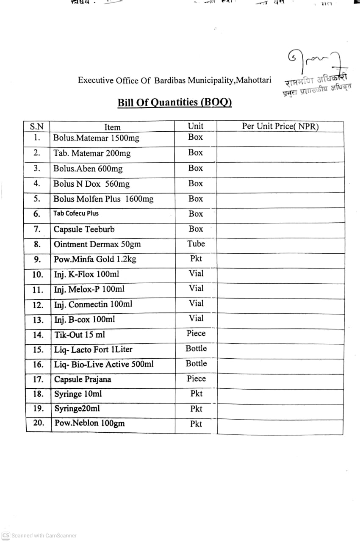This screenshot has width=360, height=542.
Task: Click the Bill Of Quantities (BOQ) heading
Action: click(174, 102)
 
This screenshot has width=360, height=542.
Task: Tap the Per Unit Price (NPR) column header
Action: click(280, 126)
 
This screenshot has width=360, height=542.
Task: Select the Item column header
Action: click(112, 127)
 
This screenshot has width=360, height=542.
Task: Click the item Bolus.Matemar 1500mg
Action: click(96, 138)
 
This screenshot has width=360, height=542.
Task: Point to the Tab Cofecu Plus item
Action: click(76, 213)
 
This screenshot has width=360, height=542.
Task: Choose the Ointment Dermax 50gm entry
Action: click(97, 244)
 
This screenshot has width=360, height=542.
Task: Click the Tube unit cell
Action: click(196, 244)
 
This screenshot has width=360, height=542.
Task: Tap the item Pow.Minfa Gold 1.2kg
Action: click(95, 259)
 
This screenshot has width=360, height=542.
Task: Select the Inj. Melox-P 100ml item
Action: click(89, 289)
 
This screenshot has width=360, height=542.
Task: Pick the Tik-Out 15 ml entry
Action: click(80, 335)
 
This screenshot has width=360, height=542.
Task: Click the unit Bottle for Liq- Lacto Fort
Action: click(196, 348)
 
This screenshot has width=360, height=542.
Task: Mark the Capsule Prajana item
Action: click(83, 379)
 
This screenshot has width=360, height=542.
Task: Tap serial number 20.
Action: click(38, 423)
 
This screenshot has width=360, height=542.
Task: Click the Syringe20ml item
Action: click(77, 409)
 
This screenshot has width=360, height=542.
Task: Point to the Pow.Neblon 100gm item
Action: click(89, 423)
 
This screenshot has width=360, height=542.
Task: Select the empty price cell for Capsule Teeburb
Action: click(280, 229)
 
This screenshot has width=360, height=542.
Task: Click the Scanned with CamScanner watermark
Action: click(40, 536)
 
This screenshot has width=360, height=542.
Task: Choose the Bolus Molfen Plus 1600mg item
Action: click(103, 199)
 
